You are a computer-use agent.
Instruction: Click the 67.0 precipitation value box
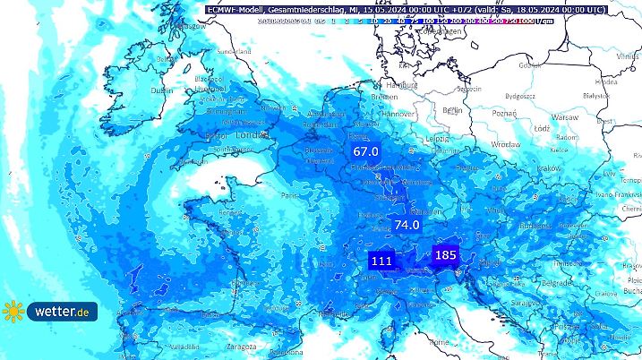pyautogui.click(x=366, y=153)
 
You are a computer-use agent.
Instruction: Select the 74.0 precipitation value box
pyautogui.click(x=407, y=225)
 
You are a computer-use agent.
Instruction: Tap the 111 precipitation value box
pyautogui.click(x=381, y=261)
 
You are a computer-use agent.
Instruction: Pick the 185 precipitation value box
pyautogui.click(x=445, y=255)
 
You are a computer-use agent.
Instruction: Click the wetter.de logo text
pyautogui.click(x=61, y=312)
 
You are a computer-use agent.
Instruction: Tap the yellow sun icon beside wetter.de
pyautogui.click(x=13, y=312)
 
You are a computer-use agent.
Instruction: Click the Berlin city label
pyautogui.click(x=452, y=110)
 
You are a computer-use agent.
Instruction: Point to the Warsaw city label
pyautogui.click(x=565, y=117)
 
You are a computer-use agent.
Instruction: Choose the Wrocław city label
pyautogui.click(x=505, y=143)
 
